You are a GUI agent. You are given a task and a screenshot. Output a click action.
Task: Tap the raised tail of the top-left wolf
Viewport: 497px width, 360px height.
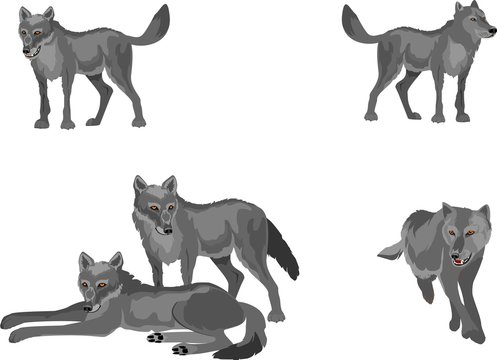(150, 27)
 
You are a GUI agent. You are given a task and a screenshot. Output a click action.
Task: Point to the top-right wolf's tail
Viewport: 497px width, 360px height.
(360, 24)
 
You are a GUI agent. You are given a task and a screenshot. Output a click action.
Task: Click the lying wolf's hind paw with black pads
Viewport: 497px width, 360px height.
(183, 349)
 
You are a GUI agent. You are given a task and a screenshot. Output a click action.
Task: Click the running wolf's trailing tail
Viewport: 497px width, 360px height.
(390, 250)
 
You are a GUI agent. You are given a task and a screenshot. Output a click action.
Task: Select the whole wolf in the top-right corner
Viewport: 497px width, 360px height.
(420, 65)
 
